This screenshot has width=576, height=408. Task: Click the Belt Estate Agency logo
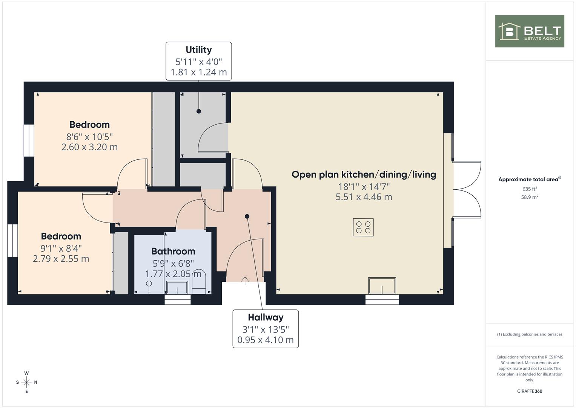pos(530,31)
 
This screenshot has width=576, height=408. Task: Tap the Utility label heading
pos(199,50)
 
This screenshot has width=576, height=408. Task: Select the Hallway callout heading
pos(266,317)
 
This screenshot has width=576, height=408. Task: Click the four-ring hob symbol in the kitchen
pos(363,227)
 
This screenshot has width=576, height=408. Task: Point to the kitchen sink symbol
pos(382,286)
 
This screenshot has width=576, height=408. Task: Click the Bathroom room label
pos(173,251)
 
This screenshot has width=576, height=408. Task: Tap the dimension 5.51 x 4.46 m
pos(364,197)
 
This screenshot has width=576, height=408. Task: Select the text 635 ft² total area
pos(530,189)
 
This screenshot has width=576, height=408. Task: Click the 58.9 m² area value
pos(530,197)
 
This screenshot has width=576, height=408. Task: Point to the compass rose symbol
pos(26,382)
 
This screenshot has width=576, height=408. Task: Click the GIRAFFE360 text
pos(530,391)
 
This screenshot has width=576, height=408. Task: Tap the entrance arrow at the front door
pos(245,281)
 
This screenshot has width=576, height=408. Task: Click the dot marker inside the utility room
pos(199,111)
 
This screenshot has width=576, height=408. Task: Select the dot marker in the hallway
pos(247,216)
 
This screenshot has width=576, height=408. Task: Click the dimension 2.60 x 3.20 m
pos(89,147)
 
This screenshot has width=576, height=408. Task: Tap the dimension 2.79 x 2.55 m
pos(61,259)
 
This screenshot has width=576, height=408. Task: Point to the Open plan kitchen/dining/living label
pos(364,175)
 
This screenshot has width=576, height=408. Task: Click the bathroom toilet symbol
pos(199,282)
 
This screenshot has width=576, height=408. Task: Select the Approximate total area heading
pos(530,179)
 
